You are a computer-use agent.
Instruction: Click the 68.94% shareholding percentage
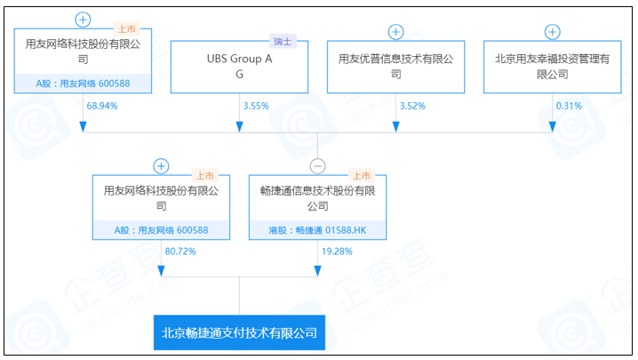tap(102, 106)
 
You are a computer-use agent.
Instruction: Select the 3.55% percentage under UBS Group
tap(254, 106)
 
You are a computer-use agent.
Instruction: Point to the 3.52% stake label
tap(413, 106)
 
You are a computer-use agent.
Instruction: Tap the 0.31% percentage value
tap(569, 106)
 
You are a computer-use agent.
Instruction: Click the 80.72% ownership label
tap(179, 252)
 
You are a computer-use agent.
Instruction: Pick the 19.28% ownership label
tap(336, 252)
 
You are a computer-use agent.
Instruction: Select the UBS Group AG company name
tap(239, 67)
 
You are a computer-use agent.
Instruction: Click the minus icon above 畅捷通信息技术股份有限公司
tap(317, 166)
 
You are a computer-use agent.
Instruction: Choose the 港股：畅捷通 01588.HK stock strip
tap(317, 229)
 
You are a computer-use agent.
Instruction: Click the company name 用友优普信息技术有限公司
tap(395, 67)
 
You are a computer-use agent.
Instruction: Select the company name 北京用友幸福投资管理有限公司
tap(552, 67)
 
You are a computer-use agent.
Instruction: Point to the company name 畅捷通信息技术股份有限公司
tap(317, 197)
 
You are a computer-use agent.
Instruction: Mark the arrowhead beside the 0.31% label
tap(552, 125)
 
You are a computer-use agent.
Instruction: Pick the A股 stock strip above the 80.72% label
tap(161, 229)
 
